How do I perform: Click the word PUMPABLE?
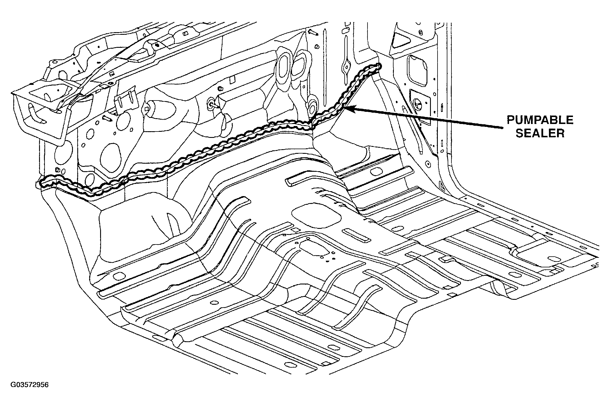coord(540,120)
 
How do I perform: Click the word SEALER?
coord(540,133)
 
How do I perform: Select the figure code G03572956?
coord(29,385)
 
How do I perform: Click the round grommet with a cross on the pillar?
coord(418,104)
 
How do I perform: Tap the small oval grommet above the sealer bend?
coord(312,108)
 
